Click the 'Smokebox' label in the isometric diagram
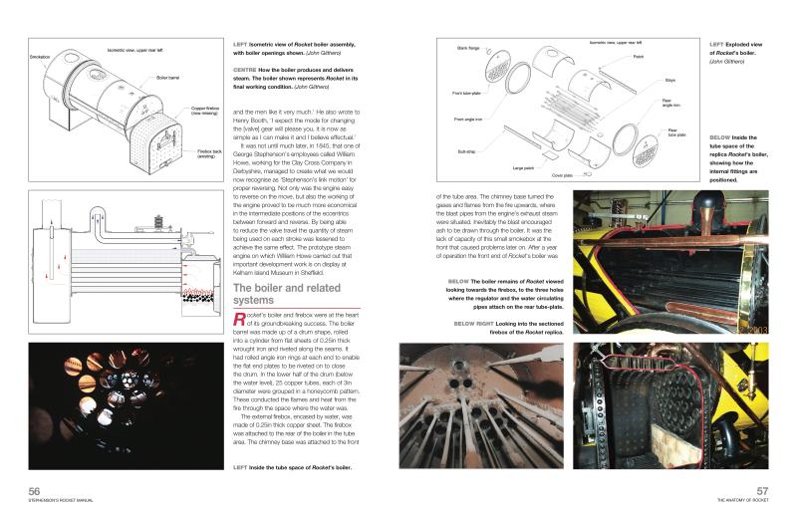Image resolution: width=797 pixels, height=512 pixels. [x=40, y=56]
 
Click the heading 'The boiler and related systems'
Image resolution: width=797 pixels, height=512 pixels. [x=273, y=294]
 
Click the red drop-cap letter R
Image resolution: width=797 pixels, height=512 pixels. [x=238, y=319]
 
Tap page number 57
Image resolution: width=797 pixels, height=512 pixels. [x=761, y=491]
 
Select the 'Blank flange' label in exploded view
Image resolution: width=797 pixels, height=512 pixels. [x=469, y=48]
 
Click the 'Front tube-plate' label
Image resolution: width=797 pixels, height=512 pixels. [x=468, y=92]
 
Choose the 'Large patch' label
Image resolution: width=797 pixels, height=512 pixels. [x=523, y=168]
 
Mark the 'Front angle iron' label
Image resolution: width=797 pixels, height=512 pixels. [x=468, y=120]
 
